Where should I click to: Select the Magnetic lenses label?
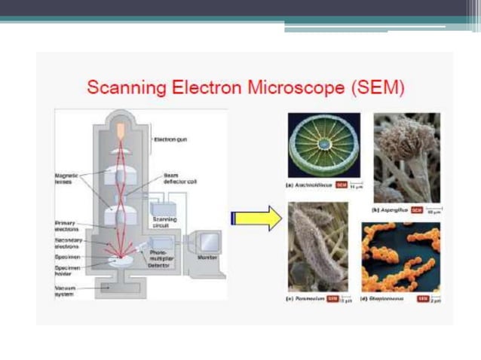click(67, 178)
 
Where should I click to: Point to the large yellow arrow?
click(256, 218)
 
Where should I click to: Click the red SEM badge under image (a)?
click(341, 185)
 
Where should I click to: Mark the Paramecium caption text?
click(308, 299)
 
